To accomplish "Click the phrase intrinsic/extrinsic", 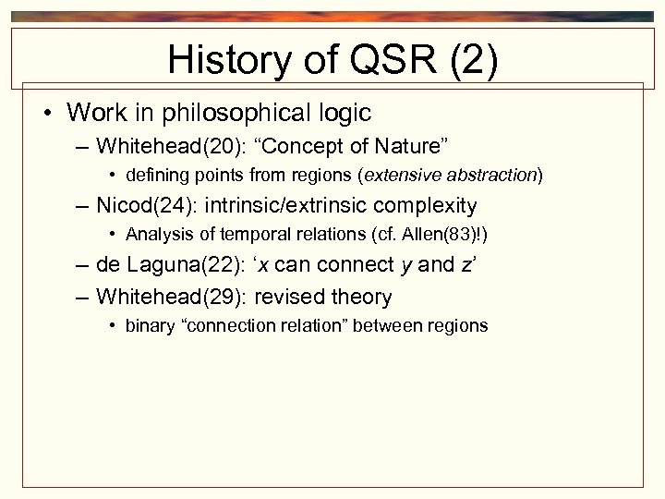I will coord(276,205).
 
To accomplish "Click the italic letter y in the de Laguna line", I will coord(405,266).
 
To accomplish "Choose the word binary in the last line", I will coord(147,325).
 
